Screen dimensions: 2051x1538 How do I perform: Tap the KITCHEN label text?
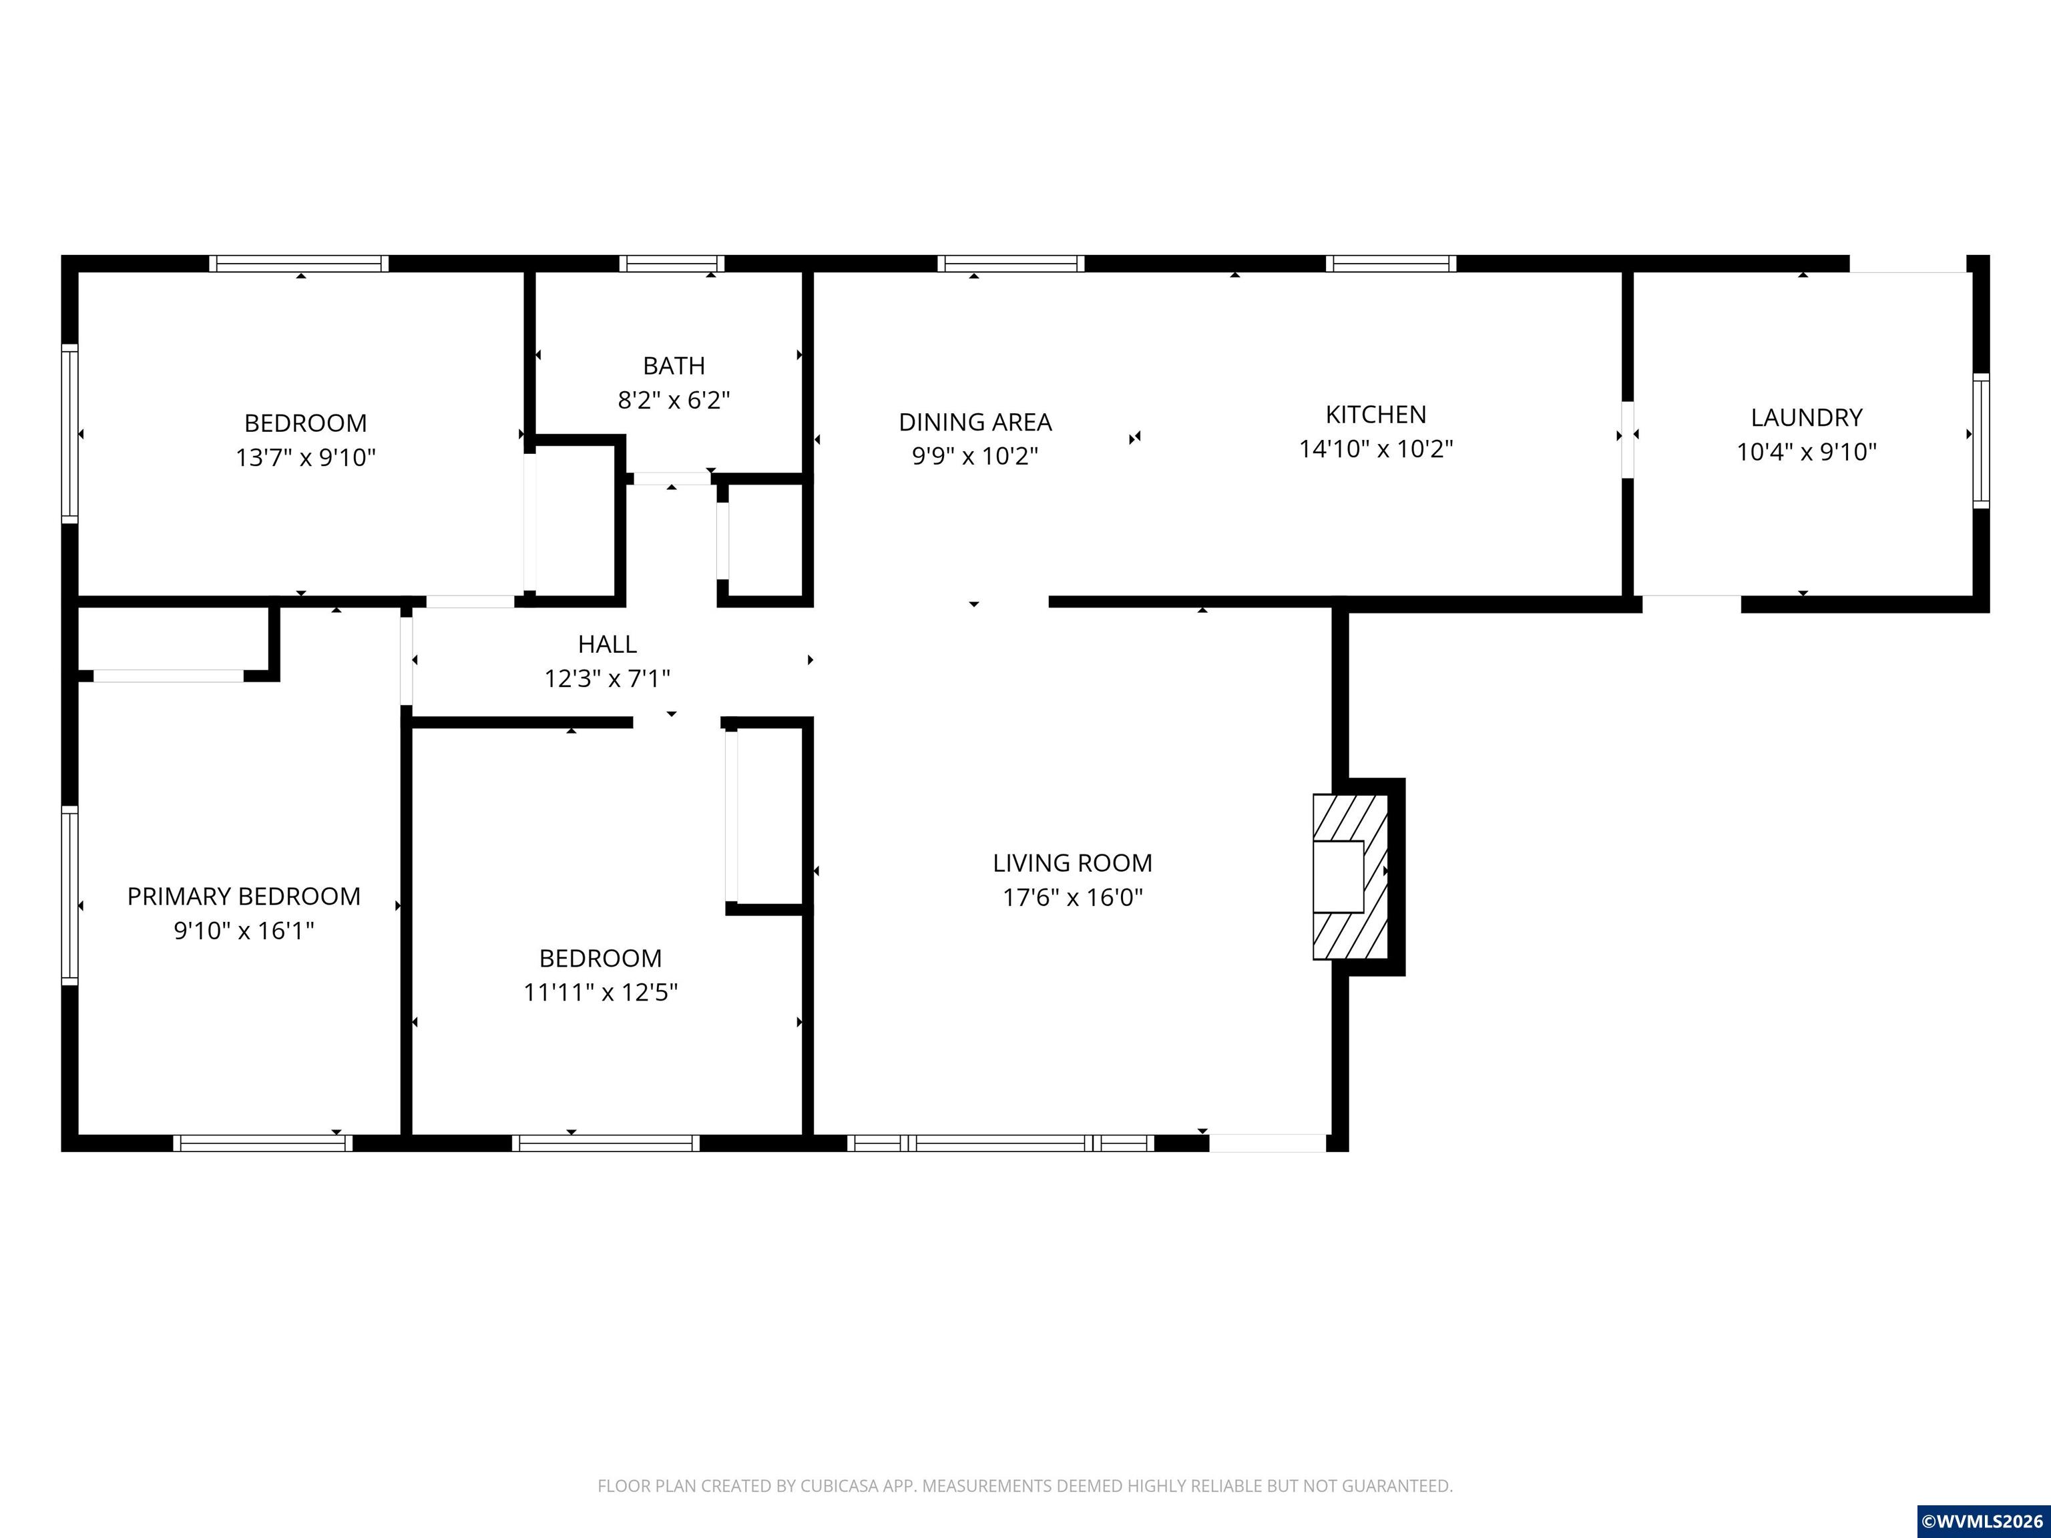tap(1375, 415)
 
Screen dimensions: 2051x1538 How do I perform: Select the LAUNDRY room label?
tap(1806, 417)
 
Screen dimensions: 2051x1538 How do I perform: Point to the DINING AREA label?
tap(975, 422)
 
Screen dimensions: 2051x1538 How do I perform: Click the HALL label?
tap(608, 644)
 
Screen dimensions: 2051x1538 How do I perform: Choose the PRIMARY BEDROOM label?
tap(244, 896)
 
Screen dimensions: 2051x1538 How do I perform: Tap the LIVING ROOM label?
tap(1073, 863)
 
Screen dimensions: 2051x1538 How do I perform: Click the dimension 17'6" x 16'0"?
tap(1073, 897)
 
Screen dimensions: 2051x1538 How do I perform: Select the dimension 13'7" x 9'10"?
tap(306, 457)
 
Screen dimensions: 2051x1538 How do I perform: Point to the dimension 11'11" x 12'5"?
tap(601, 992)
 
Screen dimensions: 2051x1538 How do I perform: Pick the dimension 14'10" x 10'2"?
tap(1375, 449)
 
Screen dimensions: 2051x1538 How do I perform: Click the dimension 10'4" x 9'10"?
tap(1806, 451)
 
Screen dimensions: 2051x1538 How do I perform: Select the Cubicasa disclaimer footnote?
tap(1025, 1485)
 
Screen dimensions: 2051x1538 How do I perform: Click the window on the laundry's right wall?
tap(1980, 441)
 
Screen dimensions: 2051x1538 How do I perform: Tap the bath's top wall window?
tap(671, 263)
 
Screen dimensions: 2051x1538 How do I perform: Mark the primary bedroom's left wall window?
tap(69, 894)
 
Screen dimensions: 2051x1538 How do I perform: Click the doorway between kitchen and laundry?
tap(1627, 439)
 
